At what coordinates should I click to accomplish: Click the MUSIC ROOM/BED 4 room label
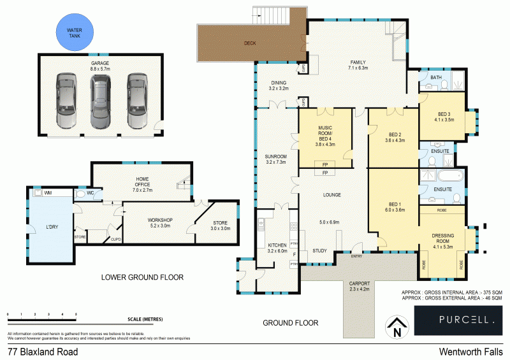click(x=325, y=136)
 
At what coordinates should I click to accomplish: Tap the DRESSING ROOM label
click(x=443, y=239)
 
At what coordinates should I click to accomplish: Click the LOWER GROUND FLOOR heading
click(x=143, y=277)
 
